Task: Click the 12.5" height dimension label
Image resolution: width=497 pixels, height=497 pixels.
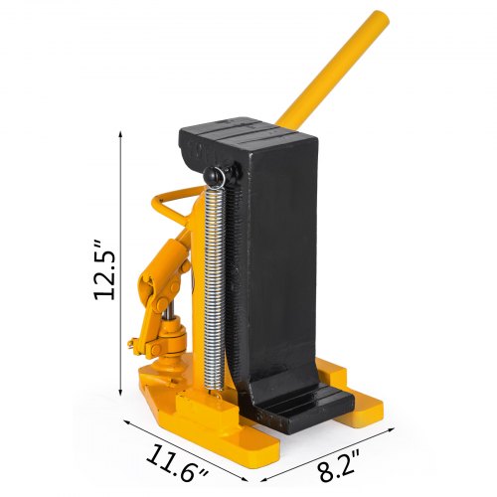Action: tap(104, 269)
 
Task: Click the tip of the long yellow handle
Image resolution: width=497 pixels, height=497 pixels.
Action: tap(380, 17)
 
